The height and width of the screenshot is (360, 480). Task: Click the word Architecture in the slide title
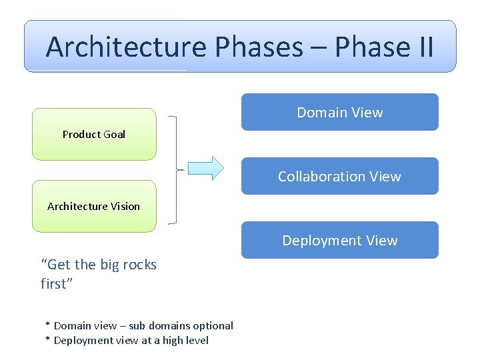click(126, 47)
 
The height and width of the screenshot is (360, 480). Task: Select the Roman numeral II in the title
click(421, 47)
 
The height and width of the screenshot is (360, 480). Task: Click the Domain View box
click(339, 112)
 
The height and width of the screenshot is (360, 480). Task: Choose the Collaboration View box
click(339, 176)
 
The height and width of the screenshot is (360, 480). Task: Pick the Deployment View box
click(339, 240)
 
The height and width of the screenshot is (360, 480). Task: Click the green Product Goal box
click(94, 134)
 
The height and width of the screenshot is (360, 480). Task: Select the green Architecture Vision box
click(94, 206)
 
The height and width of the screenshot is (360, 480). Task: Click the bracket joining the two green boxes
click(175, 169)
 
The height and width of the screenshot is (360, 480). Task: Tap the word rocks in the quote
click(141, 265)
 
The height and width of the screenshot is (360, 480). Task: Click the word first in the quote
click(54, 284)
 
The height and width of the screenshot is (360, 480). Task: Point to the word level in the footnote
click(195, 340)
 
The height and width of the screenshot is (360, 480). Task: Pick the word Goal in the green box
click(114, 134)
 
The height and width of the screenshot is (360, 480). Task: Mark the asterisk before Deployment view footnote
click(47, 340)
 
